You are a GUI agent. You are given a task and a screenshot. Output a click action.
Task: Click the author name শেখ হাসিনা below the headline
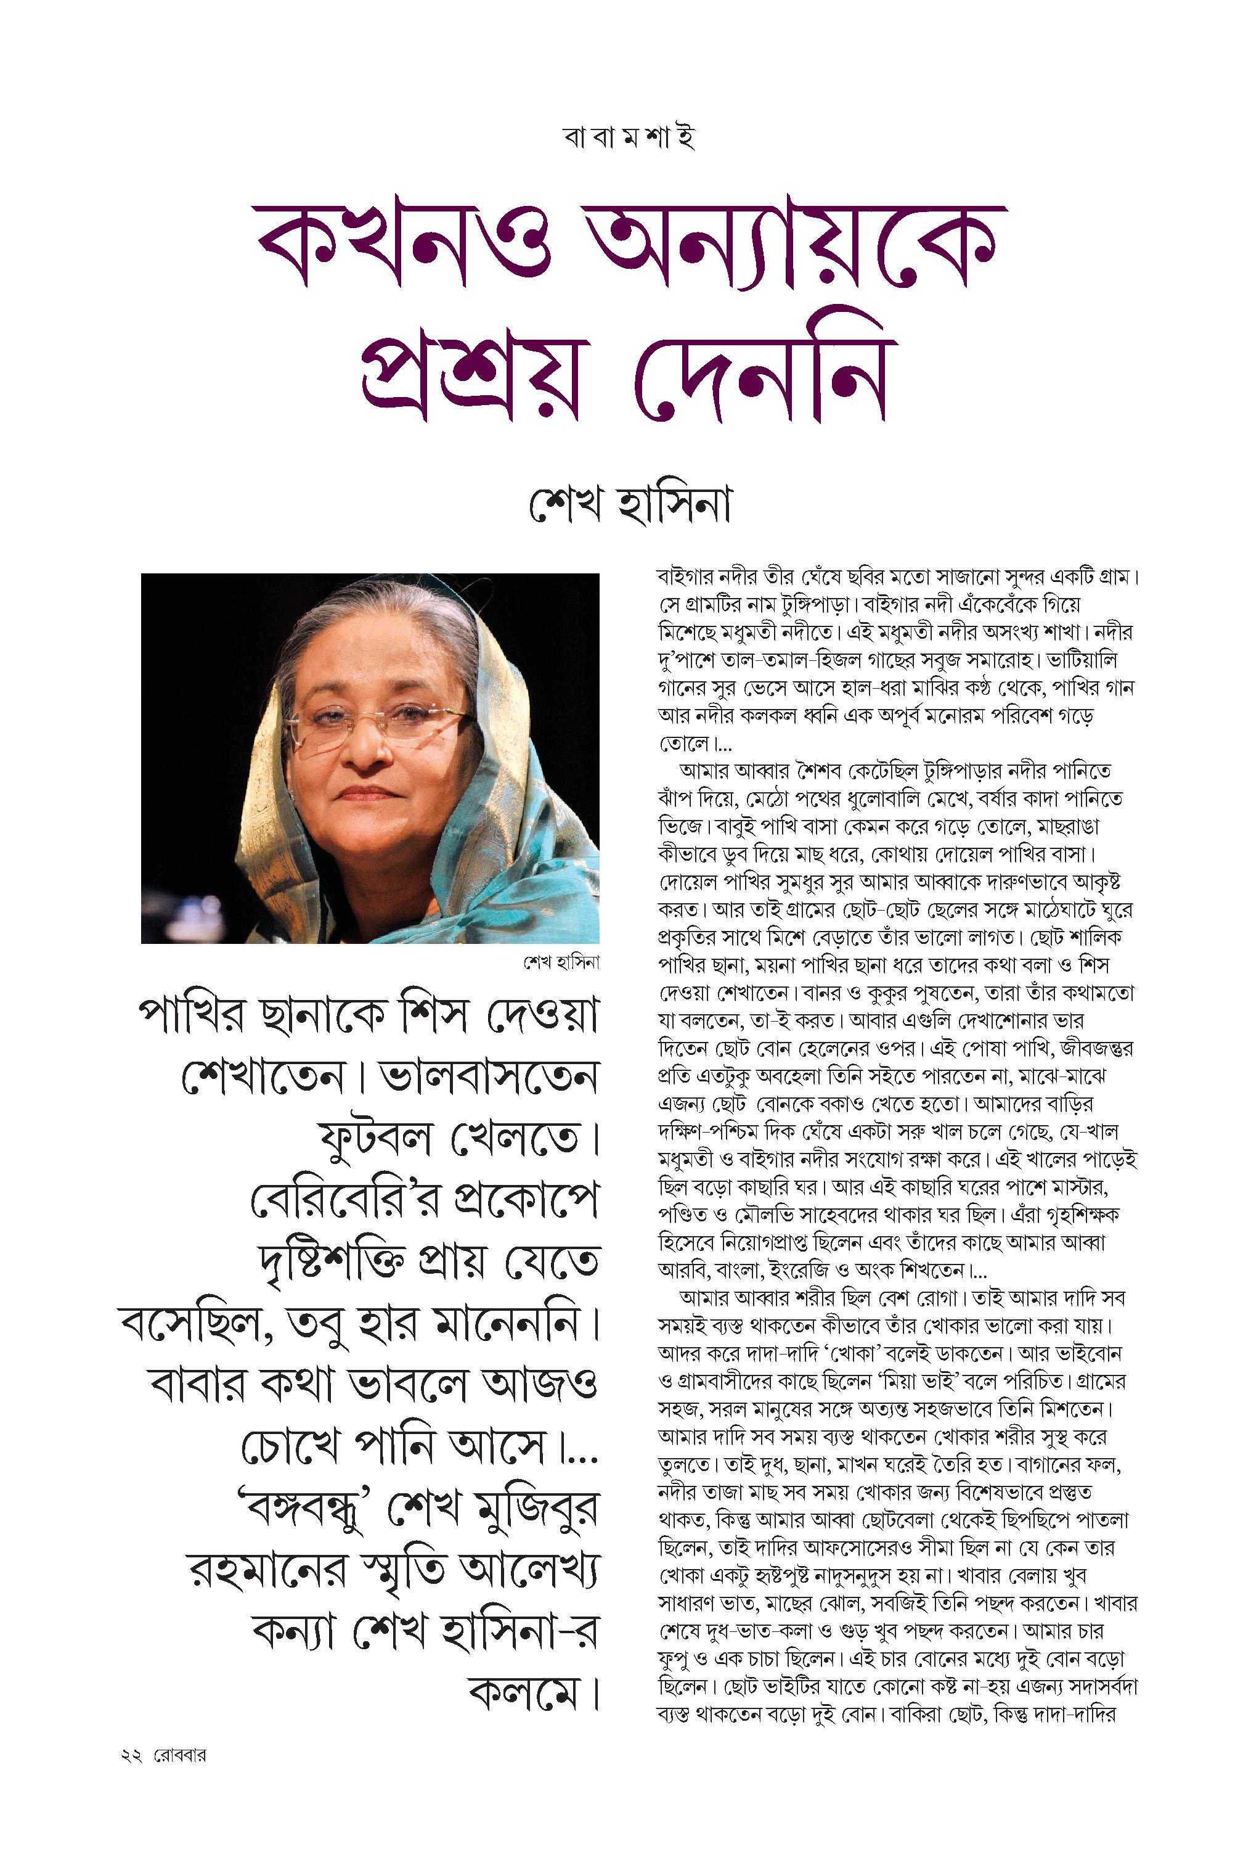630,504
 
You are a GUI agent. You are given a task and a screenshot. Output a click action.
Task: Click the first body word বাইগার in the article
682,577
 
